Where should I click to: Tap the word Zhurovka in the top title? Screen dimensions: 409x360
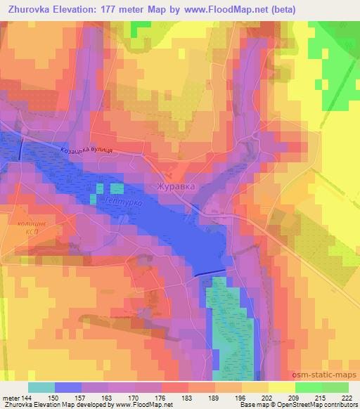[x=28, y=10]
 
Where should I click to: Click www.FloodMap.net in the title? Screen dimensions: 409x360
[x=217, y=10]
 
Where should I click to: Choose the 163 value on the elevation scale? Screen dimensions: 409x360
[x=106, y=397]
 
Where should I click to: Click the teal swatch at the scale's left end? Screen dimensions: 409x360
[x=41, y=387]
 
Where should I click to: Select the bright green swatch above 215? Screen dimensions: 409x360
[x=308, y=387]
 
